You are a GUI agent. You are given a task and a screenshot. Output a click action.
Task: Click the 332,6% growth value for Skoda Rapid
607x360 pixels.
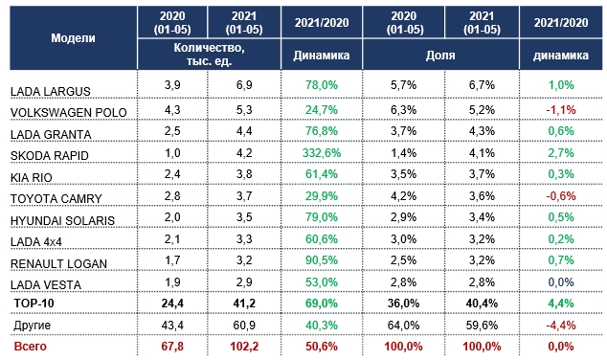(322, 153)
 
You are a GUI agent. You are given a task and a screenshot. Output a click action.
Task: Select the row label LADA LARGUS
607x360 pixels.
(51, 91)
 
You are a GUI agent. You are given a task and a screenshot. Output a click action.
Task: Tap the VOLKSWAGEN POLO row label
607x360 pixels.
(69, 113)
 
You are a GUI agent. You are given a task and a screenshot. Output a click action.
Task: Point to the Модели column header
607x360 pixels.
(73, 38)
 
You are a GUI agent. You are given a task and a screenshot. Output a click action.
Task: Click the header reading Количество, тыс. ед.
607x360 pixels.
(209, 55)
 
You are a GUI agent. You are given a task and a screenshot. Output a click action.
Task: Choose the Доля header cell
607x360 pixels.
(440, 56)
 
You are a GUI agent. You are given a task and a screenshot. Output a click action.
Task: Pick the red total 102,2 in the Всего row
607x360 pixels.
(244, 346)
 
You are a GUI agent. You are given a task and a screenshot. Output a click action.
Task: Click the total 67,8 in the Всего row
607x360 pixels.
(172, 346)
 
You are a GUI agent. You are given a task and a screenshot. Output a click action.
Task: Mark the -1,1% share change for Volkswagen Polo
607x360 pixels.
(561, 110)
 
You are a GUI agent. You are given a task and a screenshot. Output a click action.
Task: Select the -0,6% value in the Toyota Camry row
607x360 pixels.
(561, 196)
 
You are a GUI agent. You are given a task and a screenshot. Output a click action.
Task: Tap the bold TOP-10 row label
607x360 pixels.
(34, 304)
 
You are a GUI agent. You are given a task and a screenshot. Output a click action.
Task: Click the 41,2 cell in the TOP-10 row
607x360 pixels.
(244, 304)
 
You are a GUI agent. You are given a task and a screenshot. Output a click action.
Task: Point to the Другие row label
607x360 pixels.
(33, 326)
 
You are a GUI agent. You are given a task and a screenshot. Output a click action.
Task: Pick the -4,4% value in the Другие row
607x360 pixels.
(561, 326)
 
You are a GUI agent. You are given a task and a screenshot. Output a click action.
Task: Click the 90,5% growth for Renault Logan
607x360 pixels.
(322, 260)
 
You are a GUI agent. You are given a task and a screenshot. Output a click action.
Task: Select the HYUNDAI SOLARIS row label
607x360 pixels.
(63, 220)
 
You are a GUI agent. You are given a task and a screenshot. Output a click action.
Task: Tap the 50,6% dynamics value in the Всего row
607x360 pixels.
(322, 346)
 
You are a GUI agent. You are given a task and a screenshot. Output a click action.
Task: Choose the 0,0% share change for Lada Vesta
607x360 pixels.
(561, 281)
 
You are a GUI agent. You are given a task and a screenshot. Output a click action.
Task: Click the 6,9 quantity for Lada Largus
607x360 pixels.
(244, 85)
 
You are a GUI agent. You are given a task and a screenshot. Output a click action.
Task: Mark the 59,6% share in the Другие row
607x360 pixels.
(482, 326)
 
